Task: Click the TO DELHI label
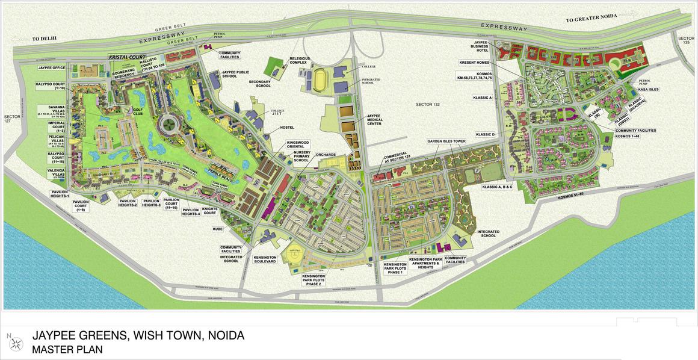pyautogui.click(x=44, y=38)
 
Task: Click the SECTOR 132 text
pyautogui.click(x=428, y=105)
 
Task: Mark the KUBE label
pyautogui.click(x=218, y=229)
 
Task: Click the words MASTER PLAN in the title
pyautogui.click(x=67, y=349)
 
